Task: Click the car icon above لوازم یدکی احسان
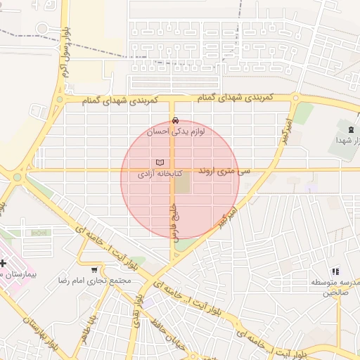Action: [x=175, y=120]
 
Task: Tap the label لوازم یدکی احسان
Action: [x=176, y=131]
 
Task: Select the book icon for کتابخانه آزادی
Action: [x=160, y=162]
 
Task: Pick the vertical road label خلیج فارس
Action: [x=172, y=219]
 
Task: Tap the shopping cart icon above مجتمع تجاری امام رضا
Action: [x=94, y=270]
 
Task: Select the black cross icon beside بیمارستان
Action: [x=4, y=262]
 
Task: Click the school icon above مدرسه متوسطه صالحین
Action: [x=335, y=271]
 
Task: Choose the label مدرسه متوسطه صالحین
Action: [x=336, y=287]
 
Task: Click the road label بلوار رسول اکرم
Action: [x=65, y=53]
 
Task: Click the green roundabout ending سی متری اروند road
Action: [x=17, y=176]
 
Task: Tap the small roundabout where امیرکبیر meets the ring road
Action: [x=296, y=98]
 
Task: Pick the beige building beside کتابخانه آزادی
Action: [x=182, y=185]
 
